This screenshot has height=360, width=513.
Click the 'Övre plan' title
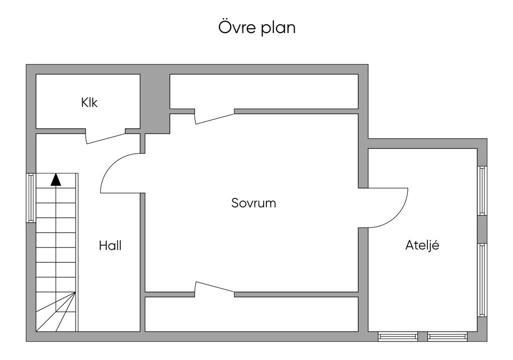click(256, 28)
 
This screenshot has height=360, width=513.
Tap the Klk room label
click(89, 103)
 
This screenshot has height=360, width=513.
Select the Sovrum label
click(253, 203)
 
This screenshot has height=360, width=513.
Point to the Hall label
click(110, 246)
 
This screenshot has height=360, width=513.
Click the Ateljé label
click(422, 246)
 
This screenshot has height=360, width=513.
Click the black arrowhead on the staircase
click(56, 180)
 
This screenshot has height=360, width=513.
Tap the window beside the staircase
click(31, 197)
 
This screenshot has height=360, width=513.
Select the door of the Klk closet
click(106, 137)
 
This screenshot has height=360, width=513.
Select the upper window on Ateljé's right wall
click(482, 190)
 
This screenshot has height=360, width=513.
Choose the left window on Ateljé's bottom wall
click(398, 336)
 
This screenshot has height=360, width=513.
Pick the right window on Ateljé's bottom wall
click(447, 336)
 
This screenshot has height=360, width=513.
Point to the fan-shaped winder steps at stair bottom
click(58, 312)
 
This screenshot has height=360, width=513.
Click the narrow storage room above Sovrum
click(264, 92)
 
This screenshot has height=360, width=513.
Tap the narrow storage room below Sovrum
click(251, 314)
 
